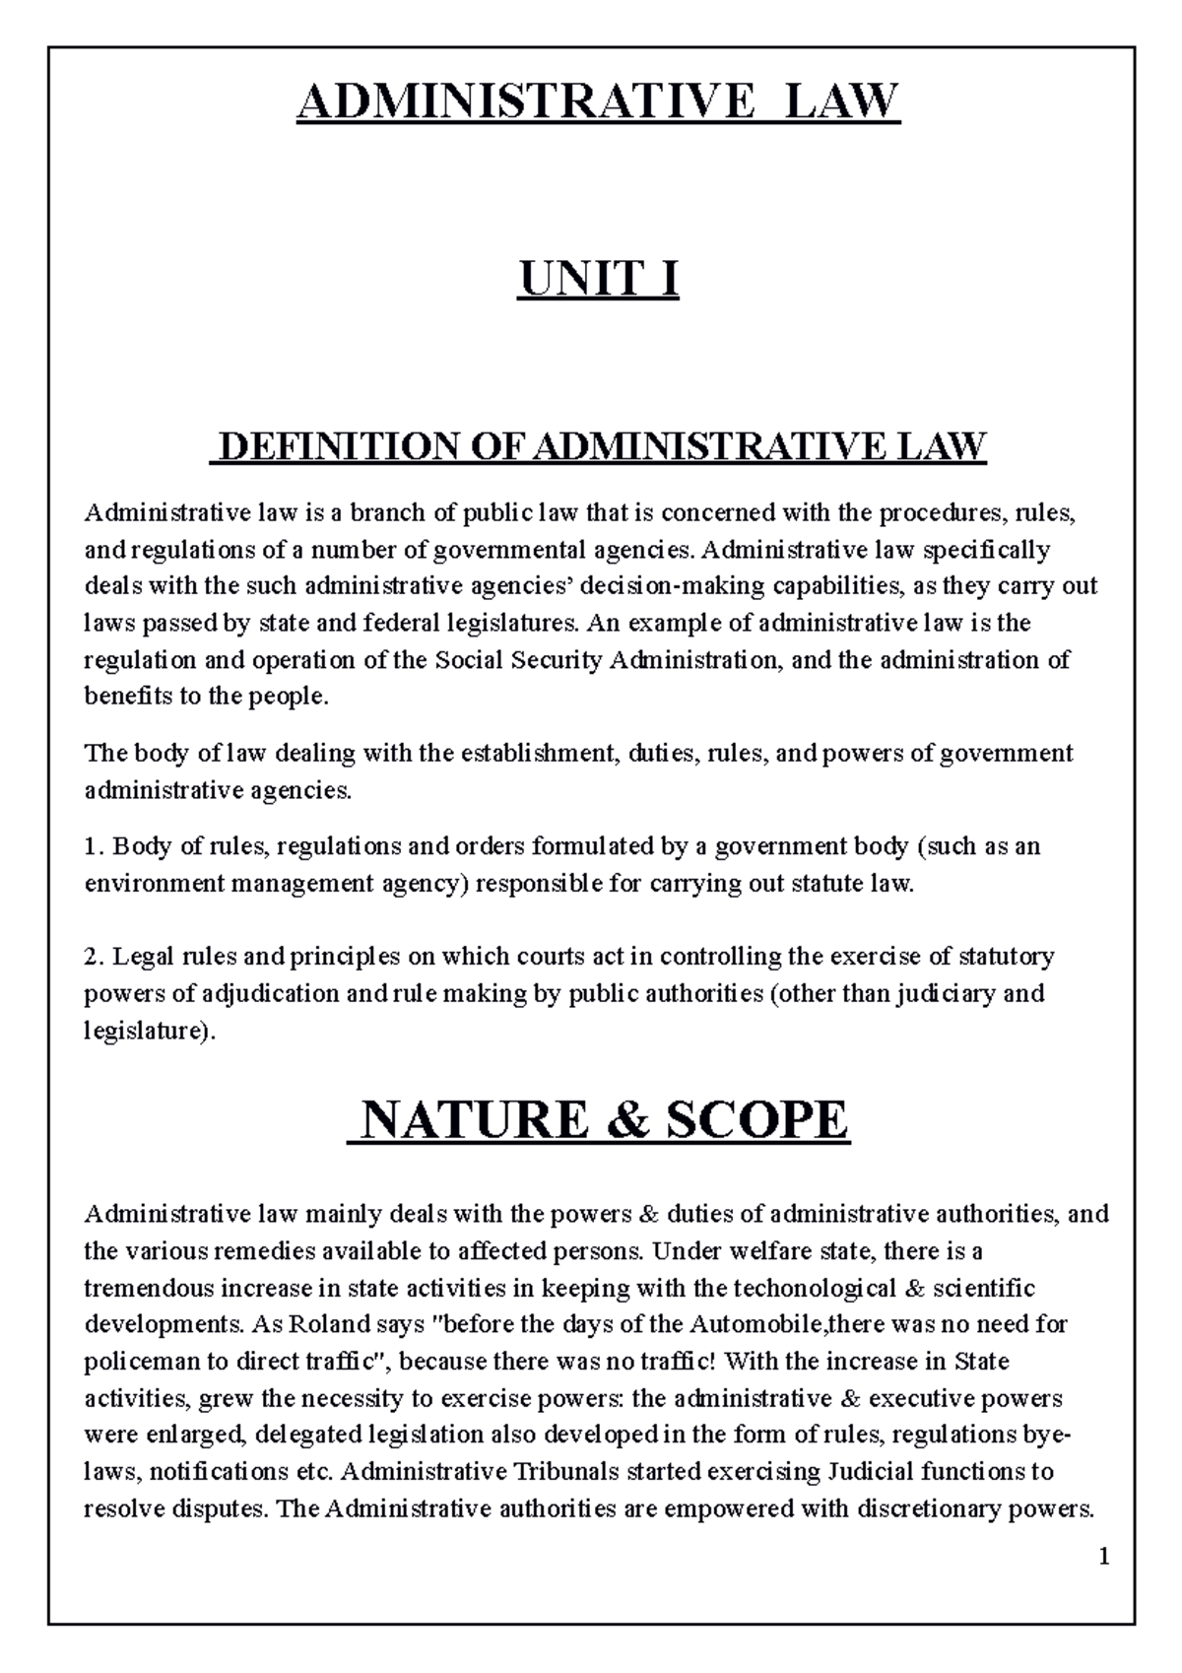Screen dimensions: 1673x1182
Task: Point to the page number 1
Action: pyautogui.click(x=1104, y=1558)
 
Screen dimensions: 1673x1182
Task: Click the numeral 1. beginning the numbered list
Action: pyautogui.click(x=95, y=846)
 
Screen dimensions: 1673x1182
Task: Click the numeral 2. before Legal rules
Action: pyautogui.click(x=95, y=957)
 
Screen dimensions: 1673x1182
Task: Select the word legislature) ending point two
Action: pyautogui.click(x=148, y=1032)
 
